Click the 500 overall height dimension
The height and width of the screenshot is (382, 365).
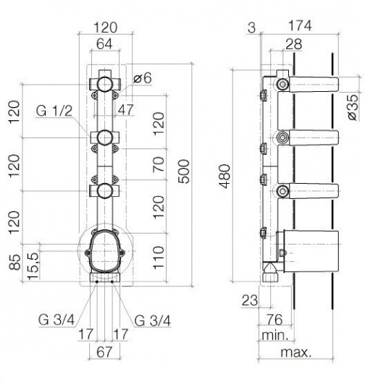(184, 171)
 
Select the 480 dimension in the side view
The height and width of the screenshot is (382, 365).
(225, 176)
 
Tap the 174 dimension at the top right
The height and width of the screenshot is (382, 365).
(300, 25)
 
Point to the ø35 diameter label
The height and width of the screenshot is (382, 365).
(353, 107)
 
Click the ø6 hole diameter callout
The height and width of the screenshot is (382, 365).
(143, 78)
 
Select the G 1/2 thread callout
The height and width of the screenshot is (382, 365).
(54, 111)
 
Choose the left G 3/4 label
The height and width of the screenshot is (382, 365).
(56, 319)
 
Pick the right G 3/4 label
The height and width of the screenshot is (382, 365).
(153, 321)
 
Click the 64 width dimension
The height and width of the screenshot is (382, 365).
(104, 44)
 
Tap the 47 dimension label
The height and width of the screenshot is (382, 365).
(126, 109)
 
